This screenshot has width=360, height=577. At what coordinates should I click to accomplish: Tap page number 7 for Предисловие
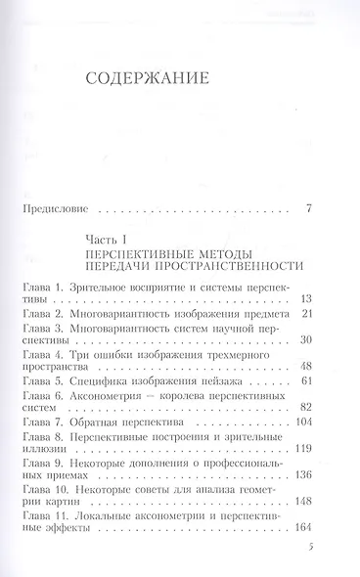point(308,208)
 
